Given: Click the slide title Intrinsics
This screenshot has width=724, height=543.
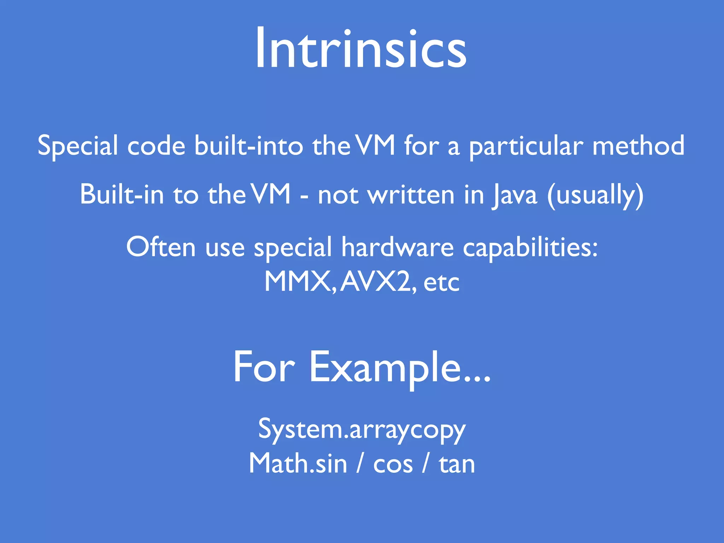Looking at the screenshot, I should (x=361, y=48).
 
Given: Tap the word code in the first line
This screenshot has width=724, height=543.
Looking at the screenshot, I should (x=156, y=146).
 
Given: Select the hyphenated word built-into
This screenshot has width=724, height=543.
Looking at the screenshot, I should (x=249, y=146).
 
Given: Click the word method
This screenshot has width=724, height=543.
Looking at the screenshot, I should (x=638, y=146).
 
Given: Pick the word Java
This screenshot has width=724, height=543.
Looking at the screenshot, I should (x=514, y=195).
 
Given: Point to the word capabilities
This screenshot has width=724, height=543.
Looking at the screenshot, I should (x=530, y=247).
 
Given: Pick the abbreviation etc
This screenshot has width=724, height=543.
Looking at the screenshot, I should (x=442, y=282).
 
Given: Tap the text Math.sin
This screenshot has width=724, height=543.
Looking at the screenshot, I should (x=298, y=463).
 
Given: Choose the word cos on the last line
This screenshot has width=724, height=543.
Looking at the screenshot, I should (x=393, y=464).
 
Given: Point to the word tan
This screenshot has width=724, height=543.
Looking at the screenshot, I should (x=457, y=464).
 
